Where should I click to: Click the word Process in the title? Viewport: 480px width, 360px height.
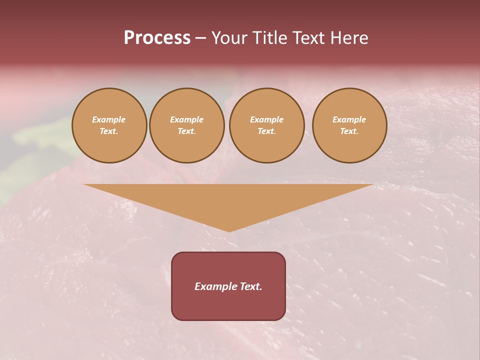coord(157,38)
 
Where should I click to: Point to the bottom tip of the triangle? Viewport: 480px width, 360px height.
coord(229,231)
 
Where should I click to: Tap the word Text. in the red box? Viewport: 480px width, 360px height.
coord(250,286)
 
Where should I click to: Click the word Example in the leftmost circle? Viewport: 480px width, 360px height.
coord(109,119)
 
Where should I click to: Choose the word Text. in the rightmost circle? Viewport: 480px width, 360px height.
coord(349,131)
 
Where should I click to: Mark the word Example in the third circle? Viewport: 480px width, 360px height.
coord(266,119)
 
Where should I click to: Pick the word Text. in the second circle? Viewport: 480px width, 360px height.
coord(186,131)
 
